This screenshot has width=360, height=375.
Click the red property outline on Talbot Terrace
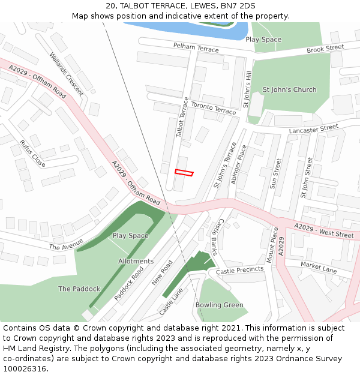[x=184, y=173]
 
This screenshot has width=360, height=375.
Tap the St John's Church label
[x=289, y=90]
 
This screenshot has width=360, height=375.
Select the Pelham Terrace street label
[x=196, y=47]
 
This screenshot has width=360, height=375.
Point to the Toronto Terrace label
[x=214, y=109]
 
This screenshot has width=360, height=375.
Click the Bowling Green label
[x=220, y=305]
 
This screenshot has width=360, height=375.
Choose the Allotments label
[x=136, y=262]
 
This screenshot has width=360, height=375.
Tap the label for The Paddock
[x=79, y=289]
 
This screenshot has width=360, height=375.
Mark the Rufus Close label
[x=32, y=154]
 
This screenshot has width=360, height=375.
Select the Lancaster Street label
[x=313, y=129]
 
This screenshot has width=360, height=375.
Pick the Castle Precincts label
[x=240, y=270]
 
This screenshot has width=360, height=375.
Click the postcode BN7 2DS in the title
[x=238, y=6]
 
